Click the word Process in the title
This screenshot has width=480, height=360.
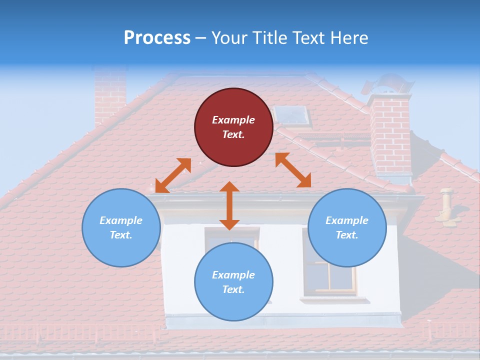pos(157,38)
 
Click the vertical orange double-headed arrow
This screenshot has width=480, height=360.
pos(229,206)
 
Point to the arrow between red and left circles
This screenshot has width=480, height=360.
pos(173,175)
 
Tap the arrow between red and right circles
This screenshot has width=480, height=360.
pos(293,170)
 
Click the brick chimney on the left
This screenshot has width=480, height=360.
pos(109,95)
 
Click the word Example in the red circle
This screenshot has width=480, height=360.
pos(233,120)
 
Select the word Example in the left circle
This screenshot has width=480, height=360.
pos(121,220)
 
